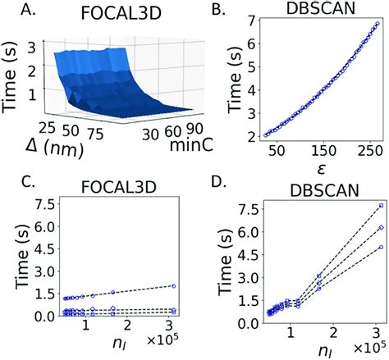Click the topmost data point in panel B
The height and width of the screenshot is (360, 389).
[377, 25]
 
